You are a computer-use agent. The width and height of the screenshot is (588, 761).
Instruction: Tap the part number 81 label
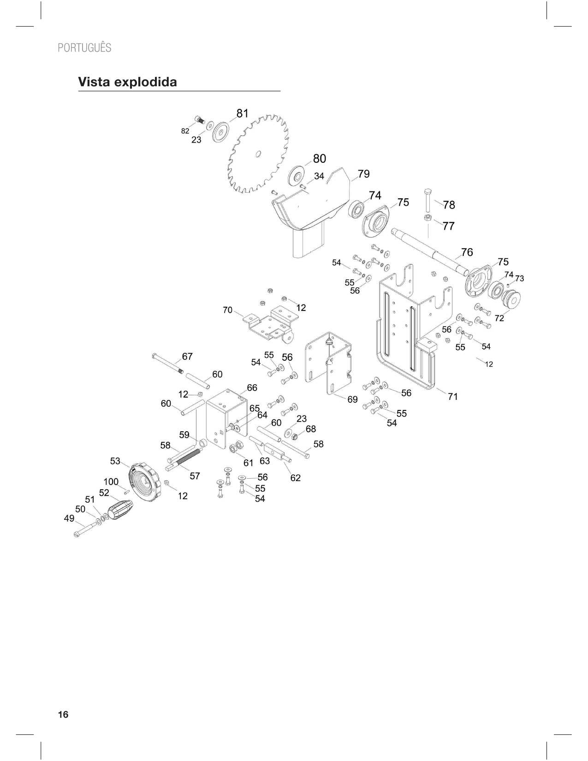point(243,113)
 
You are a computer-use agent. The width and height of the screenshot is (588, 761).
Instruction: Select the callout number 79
point(364,174)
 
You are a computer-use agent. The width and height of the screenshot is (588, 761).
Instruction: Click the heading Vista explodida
point(128,82)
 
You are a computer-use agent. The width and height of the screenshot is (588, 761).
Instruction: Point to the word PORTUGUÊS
point(84,48)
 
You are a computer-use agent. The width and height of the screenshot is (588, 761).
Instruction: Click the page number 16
point(63,714)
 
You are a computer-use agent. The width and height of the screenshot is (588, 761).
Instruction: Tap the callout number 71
point(453,396)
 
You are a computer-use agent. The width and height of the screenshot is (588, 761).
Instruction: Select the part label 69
point(352,399)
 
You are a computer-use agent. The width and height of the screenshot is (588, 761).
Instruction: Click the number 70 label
point(228,310)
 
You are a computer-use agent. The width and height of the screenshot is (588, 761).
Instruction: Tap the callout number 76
point(467,252)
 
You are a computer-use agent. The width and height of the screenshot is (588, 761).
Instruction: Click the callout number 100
point(111,482)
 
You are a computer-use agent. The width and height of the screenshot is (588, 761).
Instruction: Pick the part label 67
point(187,357)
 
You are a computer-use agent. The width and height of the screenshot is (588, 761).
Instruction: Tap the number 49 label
point(69,518)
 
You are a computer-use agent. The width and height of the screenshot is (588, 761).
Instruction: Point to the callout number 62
point(296,478)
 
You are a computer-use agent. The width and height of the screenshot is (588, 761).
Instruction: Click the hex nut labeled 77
point(428,218)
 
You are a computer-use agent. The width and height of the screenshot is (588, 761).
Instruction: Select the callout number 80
point(320,159)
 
